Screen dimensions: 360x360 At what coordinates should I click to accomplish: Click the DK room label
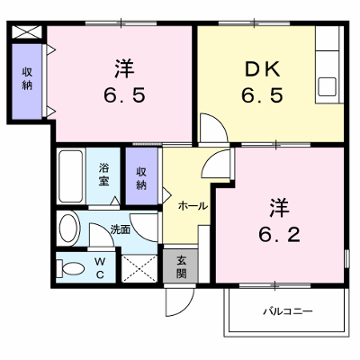[262, 69]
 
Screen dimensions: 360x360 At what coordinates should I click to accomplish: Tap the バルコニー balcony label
[288, 311]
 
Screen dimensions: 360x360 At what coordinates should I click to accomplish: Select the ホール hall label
[193, 206]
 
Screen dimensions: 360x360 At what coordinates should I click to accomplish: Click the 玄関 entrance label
[181, 267]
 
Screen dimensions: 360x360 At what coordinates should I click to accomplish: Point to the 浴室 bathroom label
[103, 175]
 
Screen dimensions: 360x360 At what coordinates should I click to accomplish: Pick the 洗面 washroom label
[120, 229]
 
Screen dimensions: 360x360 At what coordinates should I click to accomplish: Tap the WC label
[100, 268]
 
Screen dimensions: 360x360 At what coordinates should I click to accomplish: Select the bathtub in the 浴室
[71, 176]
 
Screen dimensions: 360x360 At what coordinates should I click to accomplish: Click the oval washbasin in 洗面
[69, 227]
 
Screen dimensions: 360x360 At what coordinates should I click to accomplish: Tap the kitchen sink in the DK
[327, 86]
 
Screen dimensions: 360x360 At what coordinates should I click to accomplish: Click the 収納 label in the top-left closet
[27, 79]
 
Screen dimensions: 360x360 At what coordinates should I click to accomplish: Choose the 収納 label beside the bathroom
[141, 179]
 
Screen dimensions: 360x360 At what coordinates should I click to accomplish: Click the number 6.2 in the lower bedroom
[279, 235]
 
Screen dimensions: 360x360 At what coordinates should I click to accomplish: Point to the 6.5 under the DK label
[262, 95]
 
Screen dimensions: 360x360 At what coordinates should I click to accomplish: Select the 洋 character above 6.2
[279, 208]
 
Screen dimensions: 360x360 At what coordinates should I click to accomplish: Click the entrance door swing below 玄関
[179, 301]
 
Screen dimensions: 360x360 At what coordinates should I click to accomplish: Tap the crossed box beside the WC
[139, 268]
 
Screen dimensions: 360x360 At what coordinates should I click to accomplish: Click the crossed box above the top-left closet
[27, 32]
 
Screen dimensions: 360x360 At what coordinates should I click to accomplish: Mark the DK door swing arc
[219, 123]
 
